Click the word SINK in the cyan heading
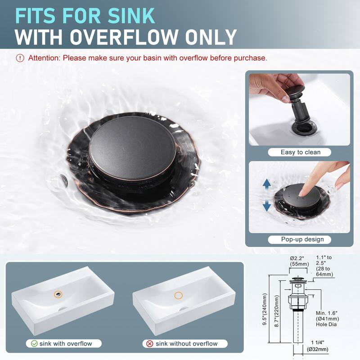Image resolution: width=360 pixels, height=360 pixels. coord(131,16)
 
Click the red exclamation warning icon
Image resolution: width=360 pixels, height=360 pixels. coord(20,58)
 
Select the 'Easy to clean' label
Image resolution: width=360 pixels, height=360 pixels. coord(300,152)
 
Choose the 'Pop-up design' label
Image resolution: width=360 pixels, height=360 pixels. coord(302,239)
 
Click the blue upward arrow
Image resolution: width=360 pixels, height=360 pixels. coord(266,184)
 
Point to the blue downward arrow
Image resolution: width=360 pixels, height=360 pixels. coord(266,206)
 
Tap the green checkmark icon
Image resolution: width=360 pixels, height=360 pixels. coord(34,343)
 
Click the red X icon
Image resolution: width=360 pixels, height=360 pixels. coord(150,344)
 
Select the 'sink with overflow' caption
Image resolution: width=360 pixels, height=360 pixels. coord(66,343)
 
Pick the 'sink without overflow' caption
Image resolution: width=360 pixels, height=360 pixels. coord(186,344)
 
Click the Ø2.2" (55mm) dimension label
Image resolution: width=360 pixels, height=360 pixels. coord(299,261)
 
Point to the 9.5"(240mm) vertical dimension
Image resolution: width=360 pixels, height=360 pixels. coord(265,309)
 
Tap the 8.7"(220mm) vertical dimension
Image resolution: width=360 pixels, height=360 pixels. coord(277,311)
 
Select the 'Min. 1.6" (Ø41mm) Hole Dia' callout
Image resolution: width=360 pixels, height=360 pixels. coord(327,319)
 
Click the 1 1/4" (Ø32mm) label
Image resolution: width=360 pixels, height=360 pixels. coord(318,346)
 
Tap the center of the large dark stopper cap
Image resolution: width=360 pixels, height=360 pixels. coord(132,148)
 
